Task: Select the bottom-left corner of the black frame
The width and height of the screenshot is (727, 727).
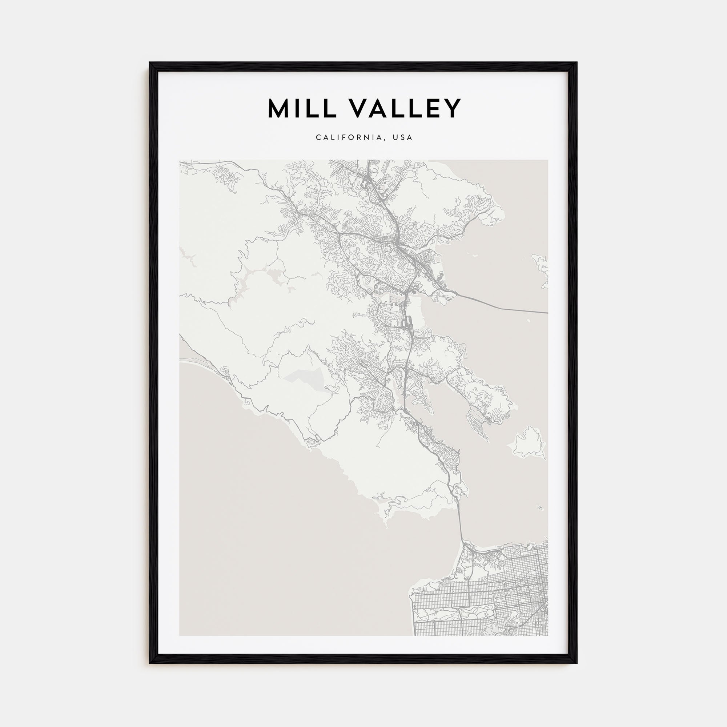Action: [150, 663]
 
